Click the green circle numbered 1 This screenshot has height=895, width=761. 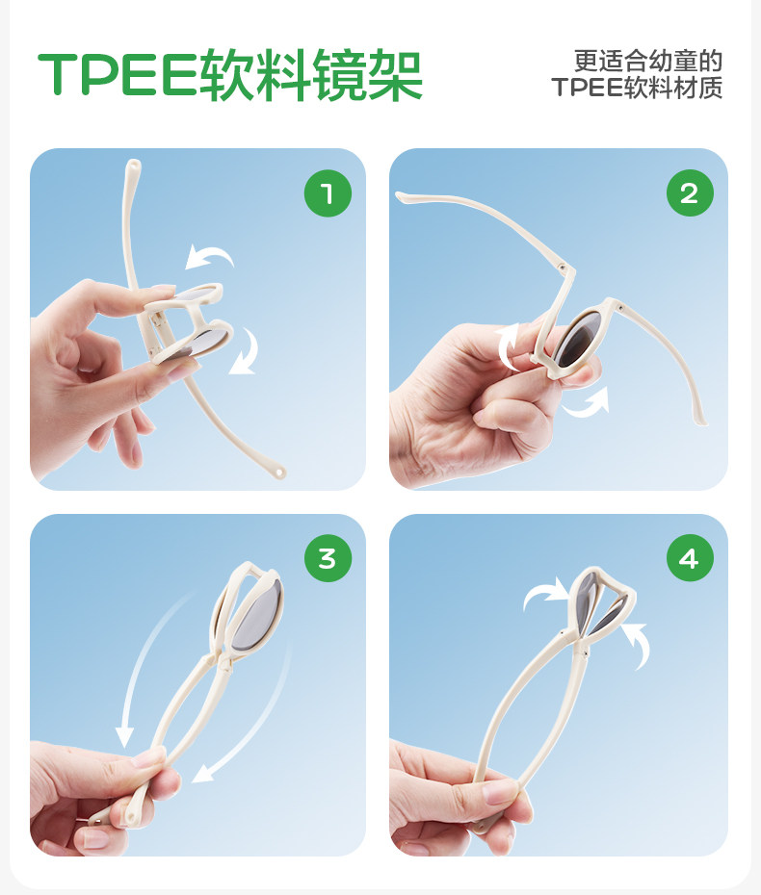coord(328,192)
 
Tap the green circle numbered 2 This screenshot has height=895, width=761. coord(690,192)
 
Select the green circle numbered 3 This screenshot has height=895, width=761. coord(328,558)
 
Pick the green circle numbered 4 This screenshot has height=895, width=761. coord(690,558)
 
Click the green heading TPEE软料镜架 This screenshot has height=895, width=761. coord(229,75)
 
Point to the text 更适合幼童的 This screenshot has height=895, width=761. coord(648,61)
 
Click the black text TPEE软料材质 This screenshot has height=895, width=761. coord(637,88)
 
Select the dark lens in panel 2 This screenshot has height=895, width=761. coord(578,340)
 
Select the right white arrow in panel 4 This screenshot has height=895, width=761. coord(638,644)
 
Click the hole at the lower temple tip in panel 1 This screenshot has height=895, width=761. coord(278,473)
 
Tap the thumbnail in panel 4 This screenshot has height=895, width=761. coord(495,791)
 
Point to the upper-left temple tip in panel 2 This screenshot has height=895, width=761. coord(400,196)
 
